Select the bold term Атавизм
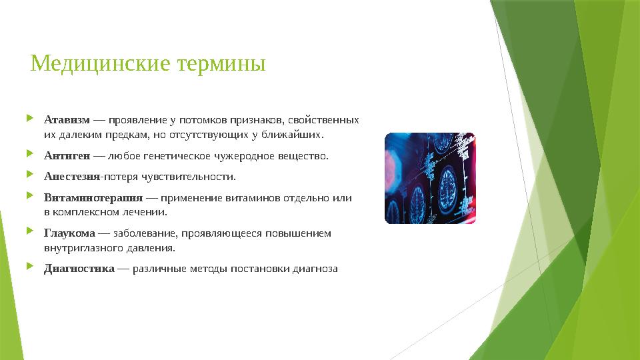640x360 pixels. [67, 121]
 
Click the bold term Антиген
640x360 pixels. [67, 157]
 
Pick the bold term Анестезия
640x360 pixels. [71, 177]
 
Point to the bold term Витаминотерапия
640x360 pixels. [93, 198]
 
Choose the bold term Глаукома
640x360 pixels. [69, 233]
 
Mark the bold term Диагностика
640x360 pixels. [79, 269]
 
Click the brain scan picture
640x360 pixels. [430, 178]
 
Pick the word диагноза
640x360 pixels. [317, 269]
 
